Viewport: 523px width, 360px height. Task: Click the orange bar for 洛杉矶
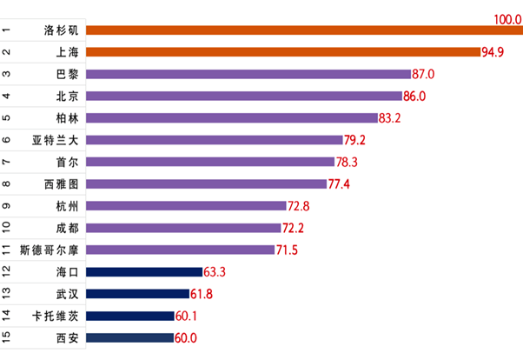click(x=304, y=30)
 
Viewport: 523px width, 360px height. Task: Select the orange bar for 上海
click(x=284, y=52)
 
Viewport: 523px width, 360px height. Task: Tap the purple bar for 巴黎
click(x=249, y=74)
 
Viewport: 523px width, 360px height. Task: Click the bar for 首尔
click(x=211, y=162)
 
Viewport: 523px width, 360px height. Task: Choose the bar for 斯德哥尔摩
click(x=193, y=250)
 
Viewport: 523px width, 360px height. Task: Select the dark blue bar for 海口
click(x=144, y=272)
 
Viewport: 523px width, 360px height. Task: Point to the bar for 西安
click(x=131, y=337)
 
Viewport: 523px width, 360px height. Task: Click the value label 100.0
click(x=506, y=18)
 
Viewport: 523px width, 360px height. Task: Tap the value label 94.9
click(x=493, y=52)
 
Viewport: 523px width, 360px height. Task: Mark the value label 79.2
click(x=354, y=140)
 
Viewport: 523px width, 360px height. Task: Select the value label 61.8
click(x=202, y=294)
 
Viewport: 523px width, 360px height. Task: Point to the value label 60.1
click(x=187, y=316)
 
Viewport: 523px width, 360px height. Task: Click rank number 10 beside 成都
click(x=7, y=228)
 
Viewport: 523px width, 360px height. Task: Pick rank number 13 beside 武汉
click(x=7, y=294)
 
